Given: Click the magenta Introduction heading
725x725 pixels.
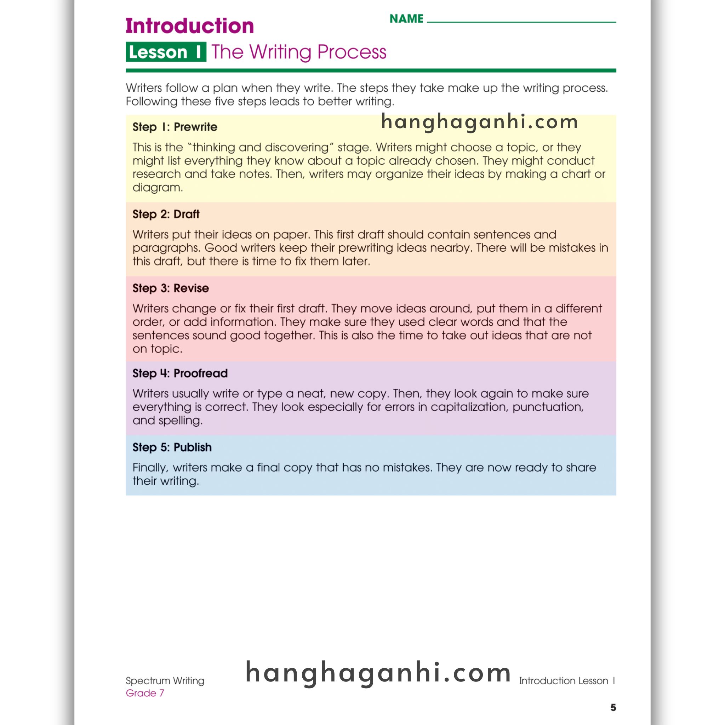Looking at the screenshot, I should coord(189,26).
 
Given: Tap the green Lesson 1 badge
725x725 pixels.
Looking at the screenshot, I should coord(166,52).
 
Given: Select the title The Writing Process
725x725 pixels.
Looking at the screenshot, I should coord(299,52).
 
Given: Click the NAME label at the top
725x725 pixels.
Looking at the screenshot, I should coord(406,19).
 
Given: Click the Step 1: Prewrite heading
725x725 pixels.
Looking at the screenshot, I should coord(175,127).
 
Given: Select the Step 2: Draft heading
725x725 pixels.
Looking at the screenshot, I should coord(166,214).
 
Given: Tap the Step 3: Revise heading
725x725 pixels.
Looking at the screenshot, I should coord(170,288).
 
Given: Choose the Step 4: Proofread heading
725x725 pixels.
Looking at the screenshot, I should coord(180,373).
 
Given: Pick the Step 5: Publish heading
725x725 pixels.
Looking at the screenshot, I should coord(172,447).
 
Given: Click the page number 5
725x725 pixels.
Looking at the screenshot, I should coord(613,707).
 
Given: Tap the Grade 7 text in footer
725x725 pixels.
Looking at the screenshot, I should coord(145,693).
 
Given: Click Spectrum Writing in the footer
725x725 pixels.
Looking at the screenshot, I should coord(165,681).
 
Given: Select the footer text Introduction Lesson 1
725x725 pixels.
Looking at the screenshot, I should coord(567,681).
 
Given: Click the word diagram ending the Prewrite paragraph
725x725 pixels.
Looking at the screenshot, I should coord(157,187).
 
